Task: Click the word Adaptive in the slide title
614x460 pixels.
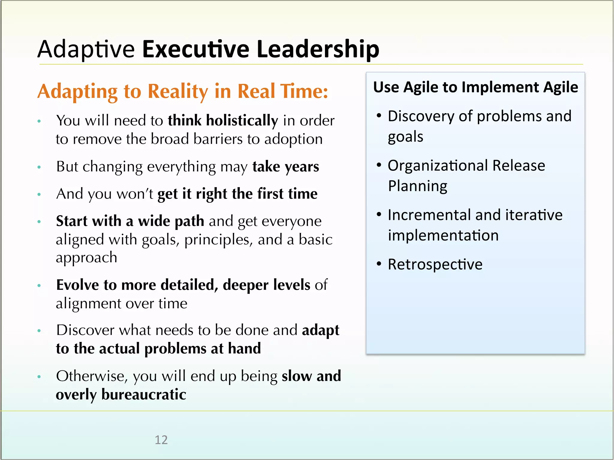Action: click(86, 49)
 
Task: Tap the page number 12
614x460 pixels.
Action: click(161, 440)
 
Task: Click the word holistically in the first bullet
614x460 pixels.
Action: click(242, 121)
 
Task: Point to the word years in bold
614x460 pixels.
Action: click(302, 167)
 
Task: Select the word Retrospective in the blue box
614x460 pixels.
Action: click(435, 264)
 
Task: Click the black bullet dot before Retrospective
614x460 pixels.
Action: click(379, 264)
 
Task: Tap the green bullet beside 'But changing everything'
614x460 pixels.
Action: click(39, 167)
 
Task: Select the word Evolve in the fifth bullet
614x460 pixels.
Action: click(77, 285)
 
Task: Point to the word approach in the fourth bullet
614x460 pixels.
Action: click(86, 258)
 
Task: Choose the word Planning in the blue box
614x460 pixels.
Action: click(417, 186)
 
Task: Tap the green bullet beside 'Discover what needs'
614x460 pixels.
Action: click(39, 331)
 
